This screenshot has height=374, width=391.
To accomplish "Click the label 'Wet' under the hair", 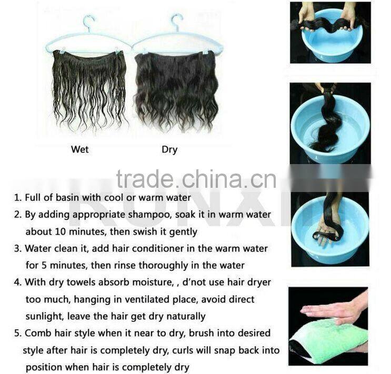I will click(79, 149).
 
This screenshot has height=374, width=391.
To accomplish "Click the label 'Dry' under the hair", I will click(169, 149).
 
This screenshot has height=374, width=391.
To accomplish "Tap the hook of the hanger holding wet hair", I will click(89, 23).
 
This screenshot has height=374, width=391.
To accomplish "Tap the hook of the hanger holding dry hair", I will click(177, 22).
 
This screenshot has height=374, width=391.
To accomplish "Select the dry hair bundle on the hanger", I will click(176, 90).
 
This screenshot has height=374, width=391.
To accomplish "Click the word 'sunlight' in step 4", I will click(45, 316).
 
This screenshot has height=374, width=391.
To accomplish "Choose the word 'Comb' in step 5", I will click(37, 333).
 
